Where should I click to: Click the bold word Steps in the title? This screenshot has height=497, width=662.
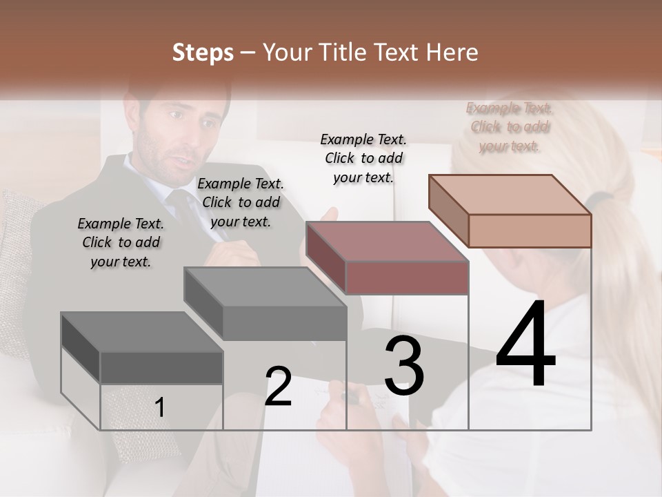click(203, 52)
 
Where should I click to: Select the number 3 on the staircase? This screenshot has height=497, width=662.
click(404, 366)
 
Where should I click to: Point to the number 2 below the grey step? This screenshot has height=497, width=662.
click(278, 387)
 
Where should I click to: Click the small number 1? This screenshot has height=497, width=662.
click(159, 408)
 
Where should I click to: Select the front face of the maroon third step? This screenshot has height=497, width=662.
click(407, 277)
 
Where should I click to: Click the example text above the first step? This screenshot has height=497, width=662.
click(121, 242)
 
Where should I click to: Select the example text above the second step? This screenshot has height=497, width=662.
click(241, 202)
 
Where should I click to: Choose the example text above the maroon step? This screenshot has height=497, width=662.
click(364, 158)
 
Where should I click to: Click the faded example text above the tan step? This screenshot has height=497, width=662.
click(509, 126)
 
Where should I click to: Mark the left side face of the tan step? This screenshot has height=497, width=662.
click(448, 211)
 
